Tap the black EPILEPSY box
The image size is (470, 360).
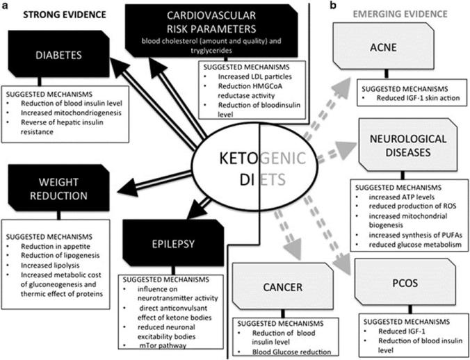point(159,243)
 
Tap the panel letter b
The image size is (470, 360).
point(334,6)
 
